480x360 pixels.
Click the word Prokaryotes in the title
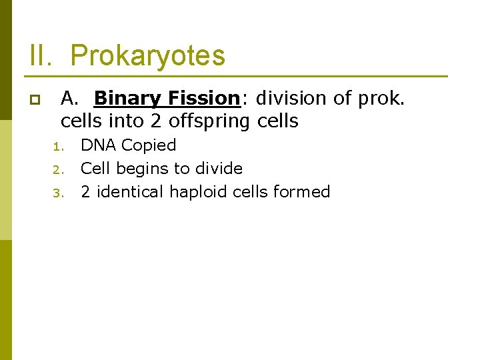point(147,56)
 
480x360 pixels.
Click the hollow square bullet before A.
point(34,101)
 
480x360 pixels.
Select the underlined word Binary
point(129,99)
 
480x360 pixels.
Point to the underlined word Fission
point(203,99)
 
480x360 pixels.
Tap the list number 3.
point(57,193)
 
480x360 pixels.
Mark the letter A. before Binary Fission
point(70,99)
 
